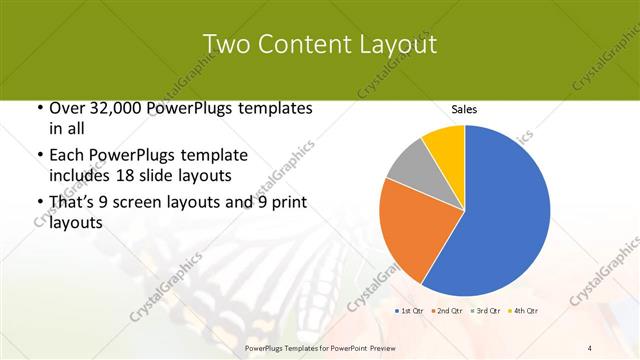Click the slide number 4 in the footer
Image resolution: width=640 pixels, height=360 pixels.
point(589,347)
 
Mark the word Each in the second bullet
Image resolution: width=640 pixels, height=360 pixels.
point(68,156)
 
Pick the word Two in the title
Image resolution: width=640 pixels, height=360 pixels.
point(225,44)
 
